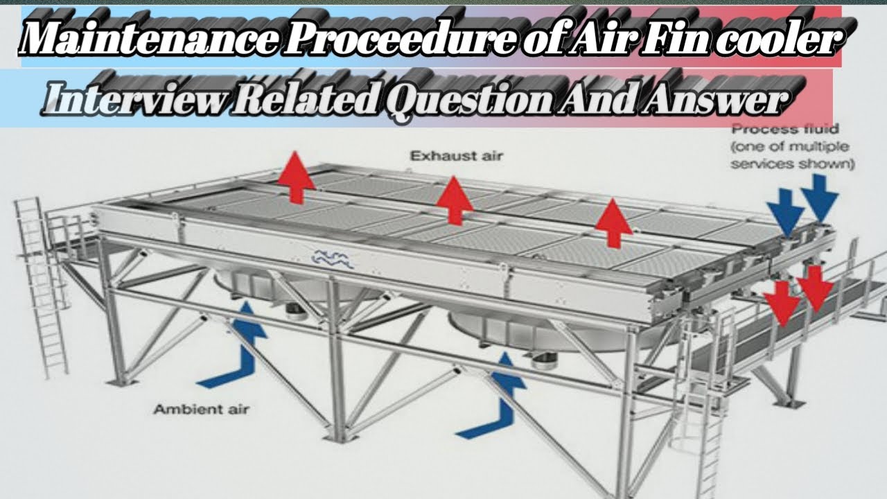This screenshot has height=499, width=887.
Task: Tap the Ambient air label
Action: coord(201,410)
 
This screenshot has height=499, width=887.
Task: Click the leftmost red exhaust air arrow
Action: coord(296,177)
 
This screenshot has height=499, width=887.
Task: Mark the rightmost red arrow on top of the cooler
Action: coord(613,222)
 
